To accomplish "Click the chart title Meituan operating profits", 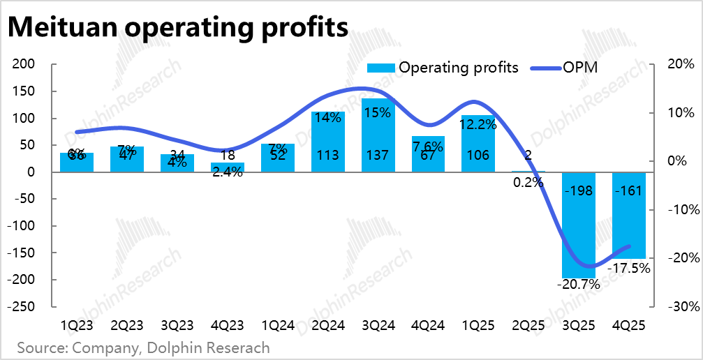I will [x=178, y=27].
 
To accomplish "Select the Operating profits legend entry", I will [x=443, y=68].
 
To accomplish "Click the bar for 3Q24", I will [x=378, y=135].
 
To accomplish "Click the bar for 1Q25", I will [x=478, y=144].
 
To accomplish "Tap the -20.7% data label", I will [x=579, y=285].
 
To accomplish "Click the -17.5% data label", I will [x=629, y=267].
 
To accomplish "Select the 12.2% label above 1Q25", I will [x=479, y=125].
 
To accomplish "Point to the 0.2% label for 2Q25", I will [x=528, y=183].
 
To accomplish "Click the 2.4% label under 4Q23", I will [x=227, y=172].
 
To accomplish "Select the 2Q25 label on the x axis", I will [x=528, y=325].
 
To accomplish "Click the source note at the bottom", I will [x=143, y=347].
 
